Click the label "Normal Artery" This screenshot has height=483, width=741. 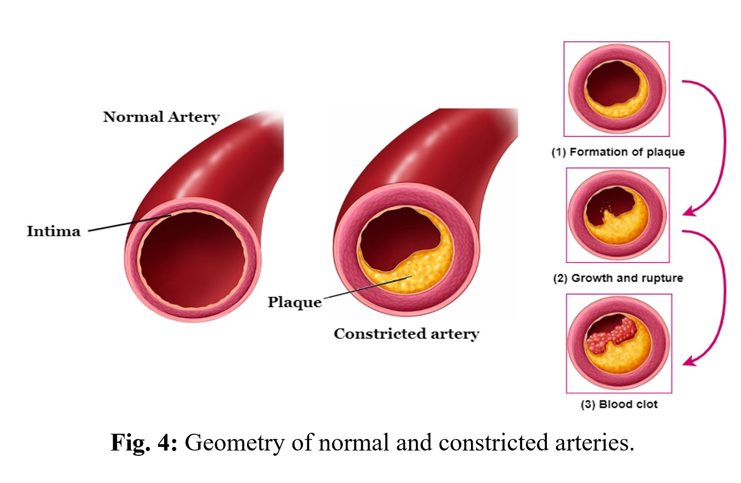[x=161, y=117]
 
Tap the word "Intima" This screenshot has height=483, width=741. [x=53, y=231]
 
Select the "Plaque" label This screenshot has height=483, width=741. [x=295, y=302]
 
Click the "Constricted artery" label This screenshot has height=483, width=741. [x=407, y=334]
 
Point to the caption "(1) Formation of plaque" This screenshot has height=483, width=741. [x=618, y=152]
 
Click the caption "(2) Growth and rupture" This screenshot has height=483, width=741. [x=618, y=278]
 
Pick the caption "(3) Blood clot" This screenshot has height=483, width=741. [x=619, y=404]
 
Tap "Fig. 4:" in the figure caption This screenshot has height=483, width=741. [x=144, y=443]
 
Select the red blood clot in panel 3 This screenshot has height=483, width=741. [x=612, y=336]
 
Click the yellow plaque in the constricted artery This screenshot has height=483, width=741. [x=419, y=270]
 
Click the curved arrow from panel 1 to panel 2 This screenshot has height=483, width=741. [x=724, y=147]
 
